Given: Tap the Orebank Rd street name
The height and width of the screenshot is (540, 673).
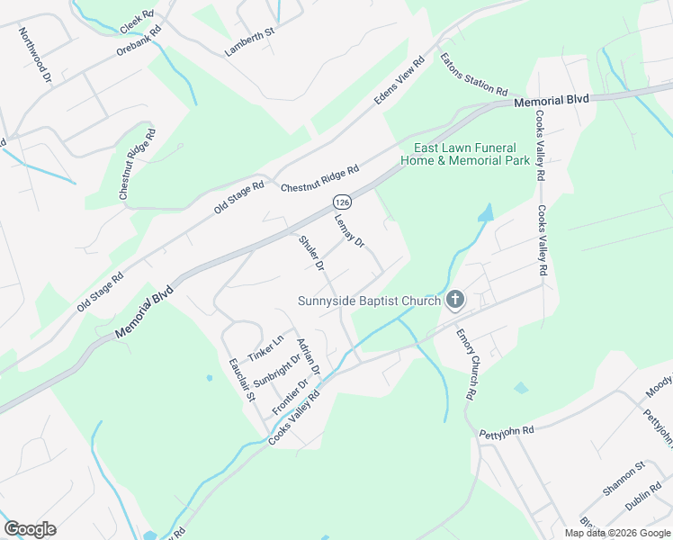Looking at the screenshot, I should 139,40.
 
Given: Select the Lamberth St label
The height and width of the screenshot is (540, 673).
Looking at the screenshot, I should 249,42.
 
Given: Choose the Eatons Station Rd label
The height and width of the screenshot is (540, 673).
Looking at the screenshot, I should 474,75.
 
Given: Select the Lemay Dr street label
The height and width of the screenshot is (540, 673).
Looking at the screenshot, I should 349,229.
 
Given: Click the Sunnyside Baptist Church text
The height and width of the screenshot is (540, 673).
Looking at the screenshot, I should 370,301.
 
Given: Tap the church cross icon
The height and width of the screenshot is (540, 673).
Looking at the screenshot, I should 455,300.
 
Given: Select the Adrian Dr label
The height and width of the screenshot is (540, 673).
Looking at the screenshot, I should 309,355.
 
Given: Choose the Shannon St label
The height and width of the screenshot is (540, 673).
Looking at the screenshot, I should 624,478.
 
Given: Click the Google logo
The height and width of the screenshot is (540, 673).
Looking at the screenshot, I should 30,529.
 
